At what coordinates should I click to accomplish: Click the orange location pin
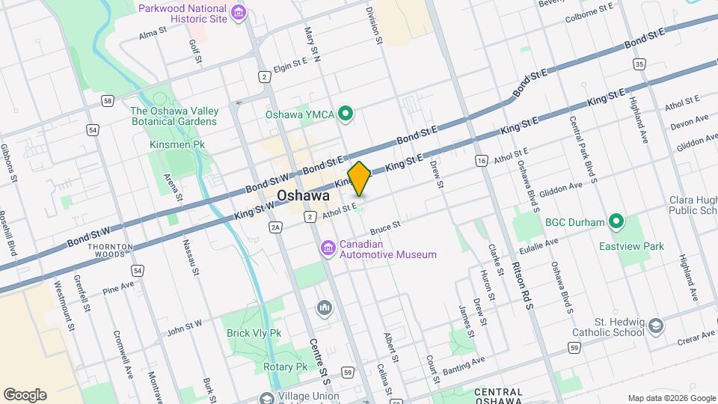pyautogui.click(x=360, y=179)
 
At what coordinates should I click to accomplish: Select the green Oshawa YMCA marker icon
pyautogui.click(x=345, y=114)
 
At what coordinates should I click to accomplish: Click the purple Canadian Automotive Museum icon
pyautogui.click(x=328, y=248)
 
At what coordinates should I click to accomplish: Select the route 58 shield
pyautogui.click(x=108, y=100)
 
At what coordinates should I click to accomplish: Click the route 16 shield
pyautogui.click(x=481, y=161)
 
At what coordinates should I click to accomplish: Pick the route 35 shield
pyautogui.click(x=638, y=65)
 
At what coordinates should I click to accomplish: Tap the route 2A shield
pyautogui.click(x=276, y=227)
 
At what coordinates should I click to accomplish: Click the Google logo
pyautogui.click(x=25, y=395)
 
